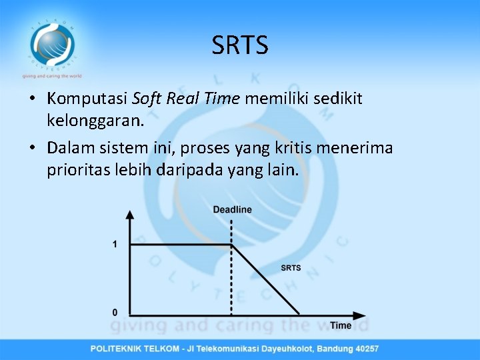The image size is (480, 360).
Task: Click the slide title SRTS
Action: pos(240,45)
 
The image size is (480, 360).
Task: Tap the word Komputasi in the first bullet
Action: pos(87,99)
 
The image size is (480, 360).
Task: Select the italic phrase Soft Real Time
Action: pos(185,99)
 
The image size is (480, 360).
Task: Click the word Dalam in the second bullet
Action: pos(71,147)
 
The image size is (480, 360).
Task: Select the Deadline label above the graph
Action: pos(232,209)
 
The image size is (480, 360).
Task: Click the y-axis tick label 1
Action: pos(115,245)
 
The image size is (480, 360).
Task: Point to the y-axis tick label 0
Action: pos(115,312)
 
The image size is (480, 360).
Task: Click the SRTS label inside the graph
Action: pos(291,268)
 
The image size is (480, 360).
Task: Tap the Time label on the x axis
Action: pos(341,325)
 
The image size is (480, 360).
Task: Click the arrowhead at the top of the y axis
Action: pos(129,214)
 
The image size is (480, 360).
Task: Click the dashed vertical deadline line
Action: pos(231,280)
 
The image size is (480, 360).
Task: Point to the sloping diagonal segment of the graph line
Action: pos(265,280)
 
